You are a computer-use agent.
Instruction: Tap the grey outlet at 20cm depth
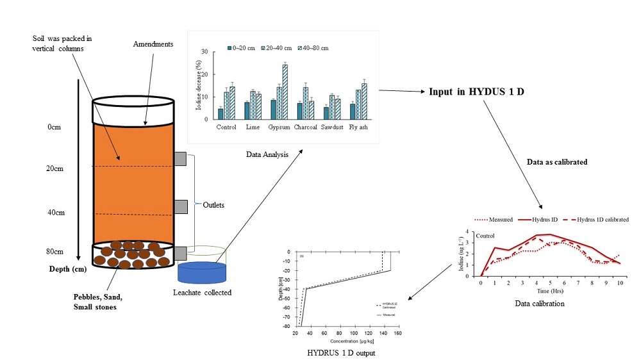coord(180,159)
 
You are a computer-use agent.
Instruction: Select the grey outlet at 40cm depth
coord(180,206)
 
